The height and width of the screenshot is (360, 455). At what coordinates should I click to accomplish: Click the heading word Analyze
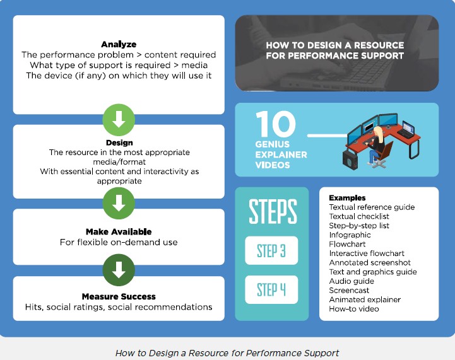tap(119, 44)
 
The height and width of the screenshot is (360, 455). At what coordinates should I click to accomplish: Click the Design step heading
tap(119, 143)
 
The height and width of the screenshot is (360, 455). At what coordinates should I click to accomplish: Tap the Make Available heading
tap(119, 231)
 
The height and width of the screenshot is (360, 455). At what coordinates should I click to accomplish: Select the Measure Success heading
tap(119, 296)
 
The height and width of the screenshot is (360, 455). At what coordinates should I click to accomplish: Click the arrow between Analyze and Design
tap(119, 117)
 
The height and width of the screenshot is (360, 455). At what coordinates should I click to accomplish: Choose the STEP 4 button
tap(271, 290)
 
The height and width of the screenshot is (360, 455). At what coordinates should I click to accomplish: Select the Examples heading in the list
tap(347, 198)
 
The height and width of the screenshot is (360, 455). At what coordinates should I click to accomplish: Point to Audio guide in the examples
tap(352, 281)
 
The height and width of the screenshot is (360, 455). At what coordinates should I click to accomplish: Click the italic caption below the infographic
tap(227, 353)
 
